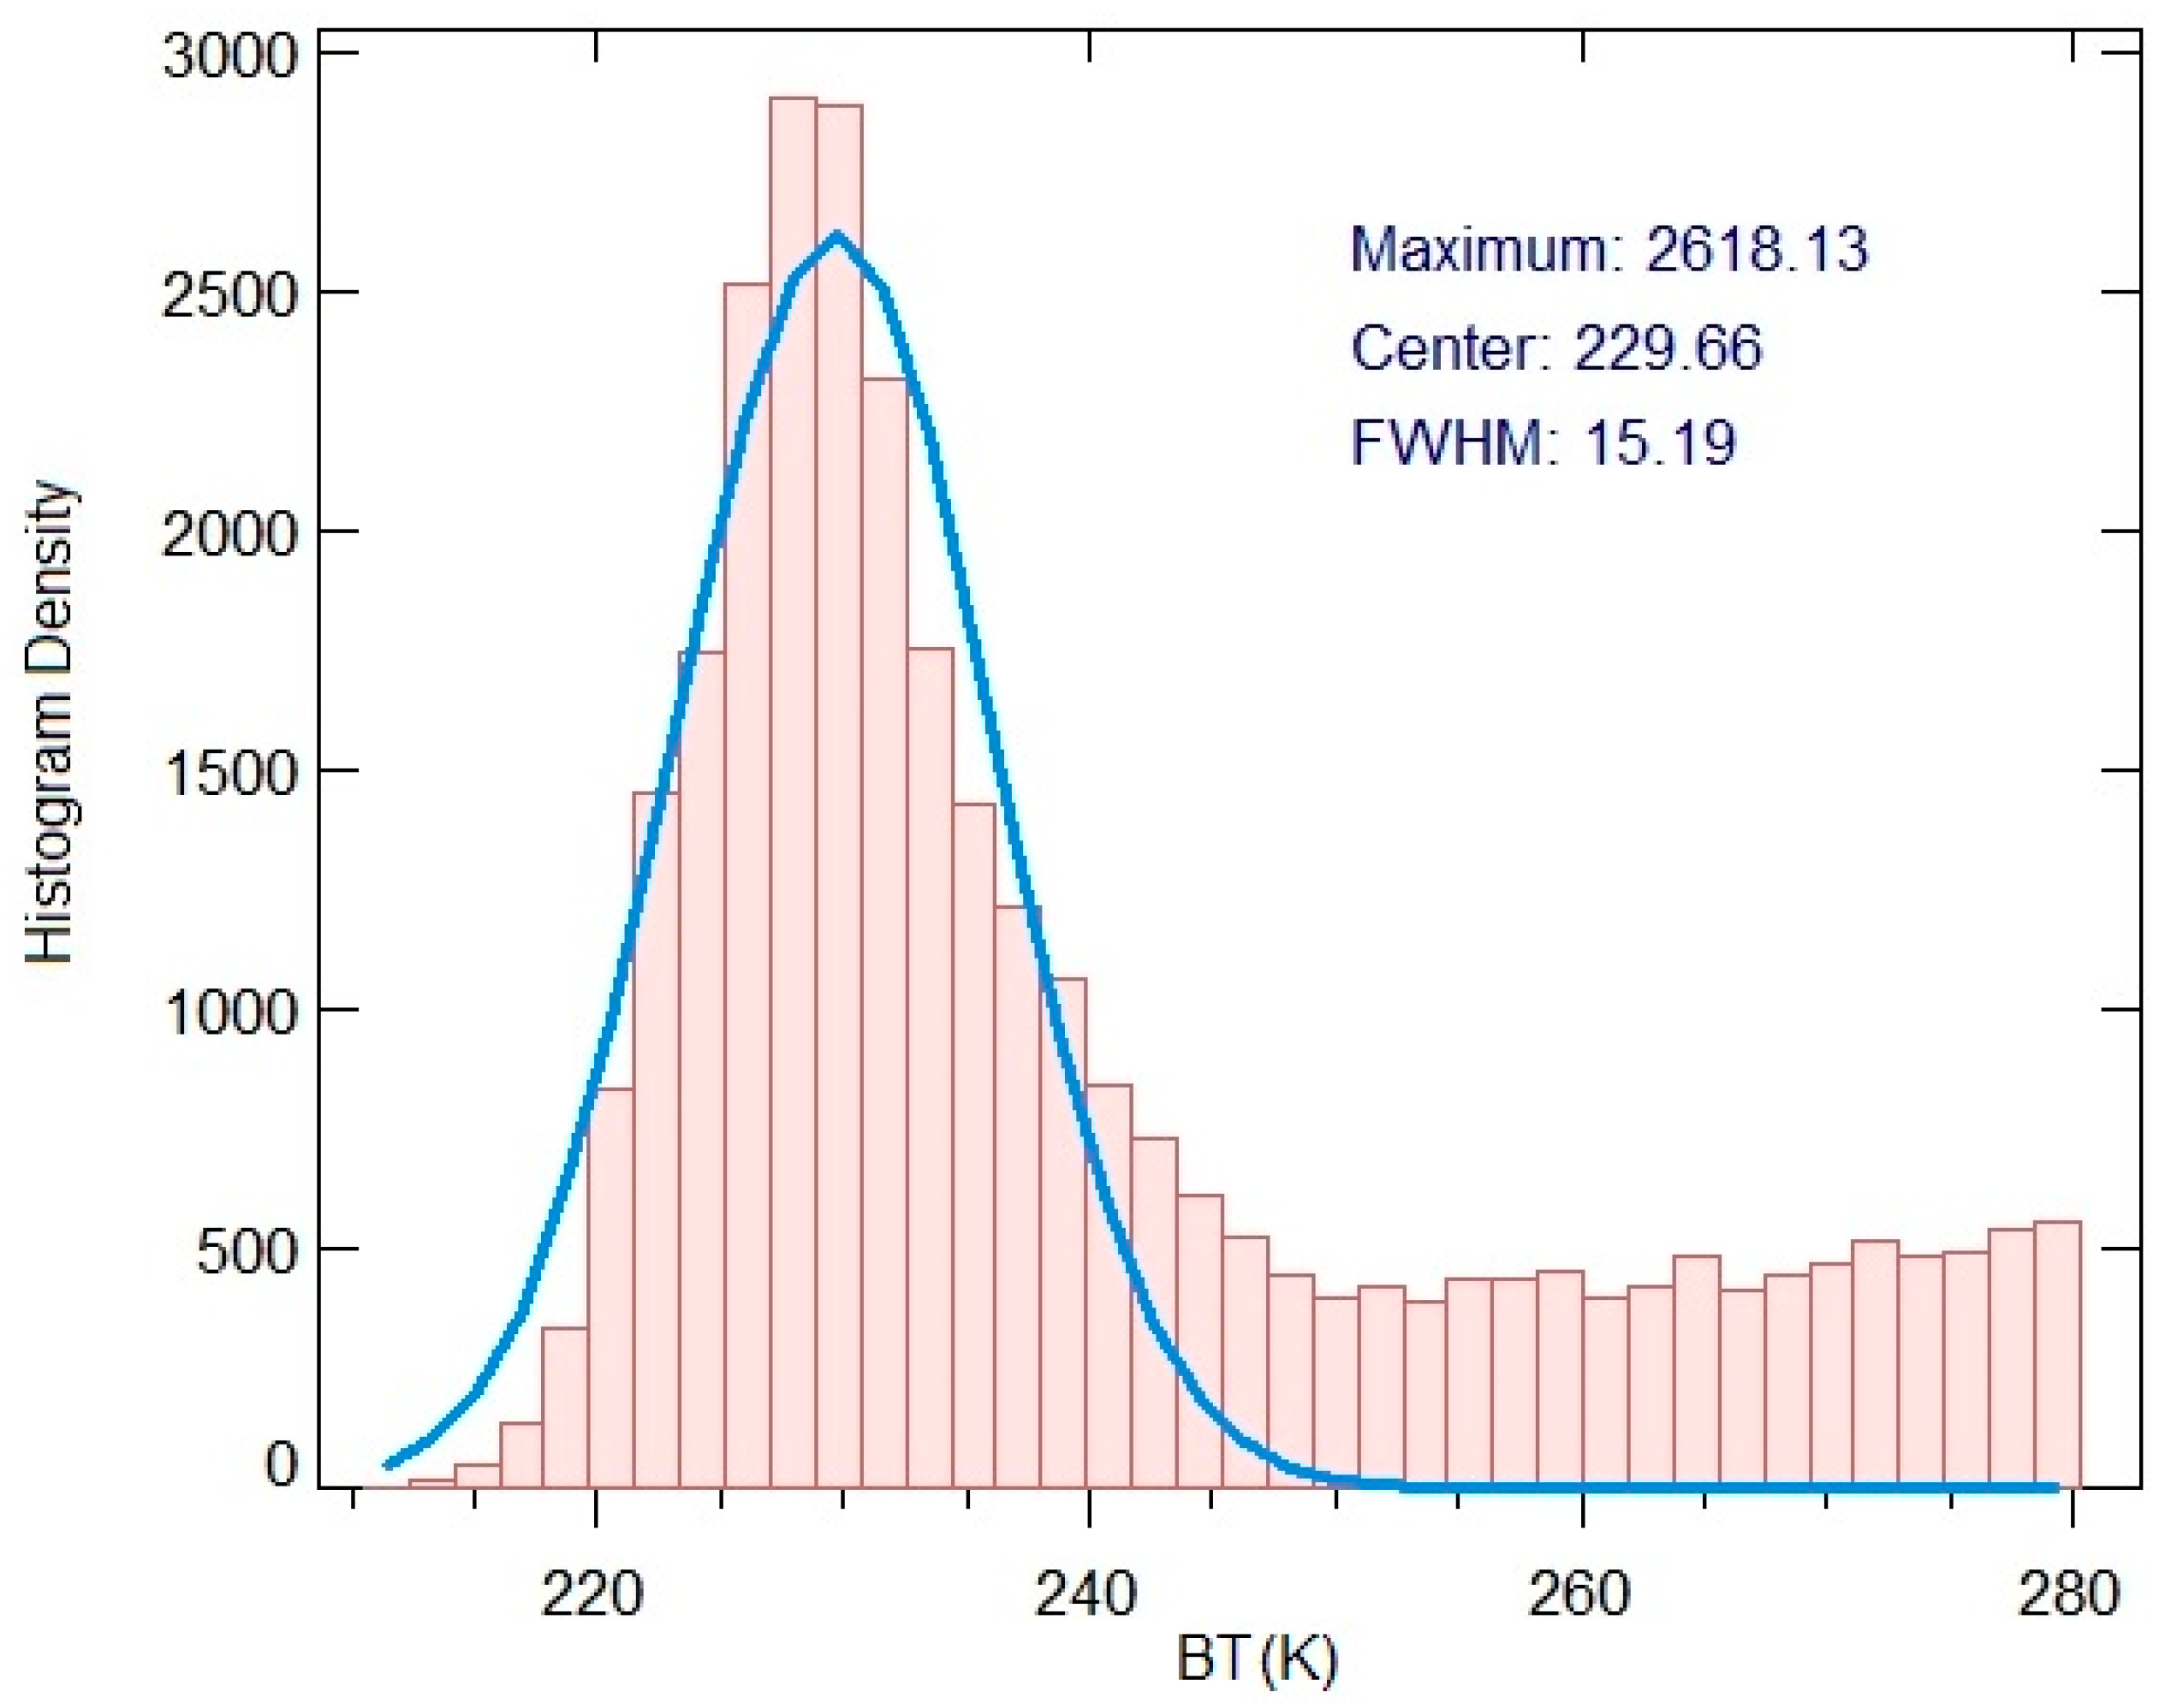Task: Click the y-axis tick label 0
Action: (x=281, y=1465)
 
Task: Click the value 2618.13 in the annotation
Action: (x=1756, y=250)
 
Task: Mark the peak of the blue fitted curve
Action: (x=837, y=236)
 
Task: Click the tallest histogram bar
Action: (x=794, y=790)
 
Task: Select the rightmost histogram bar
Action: (x=2058, y=1354)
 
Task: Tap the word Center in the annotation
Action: (x=1442, y=347)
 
